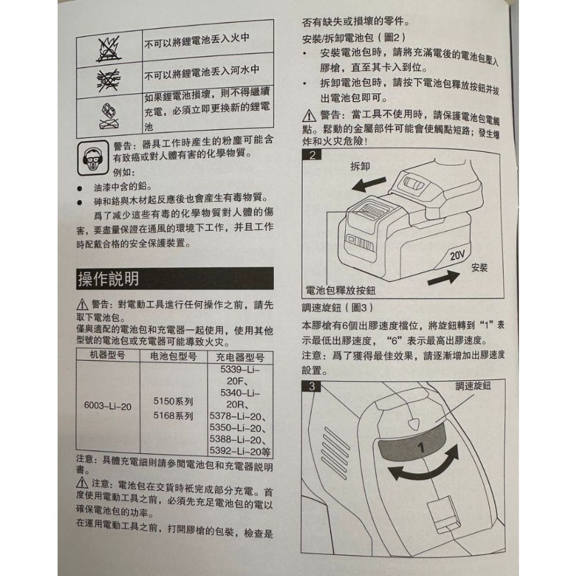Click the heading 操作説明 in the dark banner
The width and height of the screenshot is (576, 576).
(108, 280)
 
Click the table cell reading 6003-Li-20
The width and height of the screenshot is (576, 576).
(108, 406)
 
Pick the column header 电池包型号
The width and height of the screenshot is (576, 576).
(173, 357)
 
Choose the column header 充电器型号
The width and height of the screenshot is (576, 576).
(239, 357)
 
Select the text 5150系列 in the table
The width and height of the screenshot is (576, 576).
(174, 401)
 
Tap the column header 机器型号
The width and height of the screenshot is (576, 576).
(108, 356)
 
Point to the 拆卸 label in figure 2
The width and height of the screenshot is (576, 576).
(360, 166)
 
